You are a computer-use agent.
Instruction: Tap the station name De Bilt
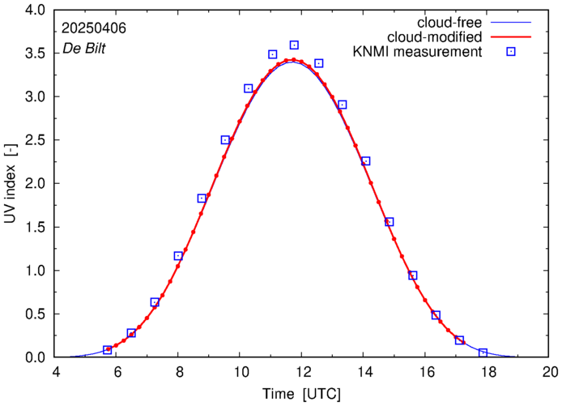point(84,49)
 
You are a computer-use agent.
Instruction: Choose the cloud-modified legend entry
point(436,37)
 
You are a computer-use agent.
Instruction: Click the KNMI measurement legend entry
point(417,53)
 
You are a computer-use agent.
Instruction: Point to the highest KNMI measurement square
point(294,45)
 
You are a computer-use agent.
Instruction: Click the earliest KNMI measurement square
point(108,350)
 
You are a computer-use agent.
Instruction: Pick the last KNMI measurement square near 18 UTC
point(483,353)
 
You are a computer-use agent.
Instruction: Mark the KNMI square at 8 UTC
point(178,256)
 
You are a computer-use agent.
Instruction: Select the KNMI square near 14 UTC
point(365,161)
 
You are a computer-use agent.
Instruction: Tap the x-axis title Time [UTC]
point(301,395)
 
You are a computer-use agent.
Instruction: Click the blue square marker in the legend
point(510,53)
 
